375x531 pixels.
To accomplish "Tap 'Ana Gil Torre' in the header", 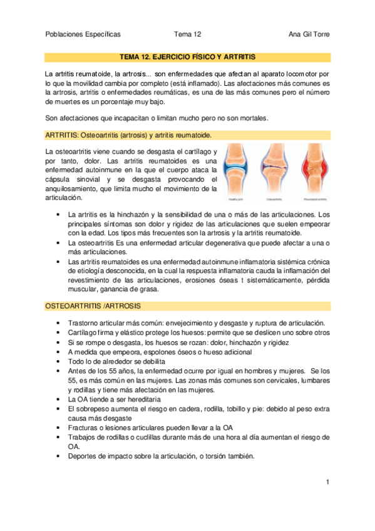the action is click(309, 34).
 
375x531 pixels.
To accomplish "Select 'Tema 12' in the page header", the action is click(187, 34).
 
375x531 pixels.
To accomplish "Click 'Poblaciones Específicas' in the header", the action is click(83, 34).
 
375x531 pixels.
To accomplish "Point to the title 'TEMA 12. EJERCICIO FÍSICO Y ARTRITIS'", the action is click(187, 56).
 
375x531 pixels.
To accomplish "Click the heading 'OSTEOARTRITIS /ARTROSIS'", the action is click(92, 306).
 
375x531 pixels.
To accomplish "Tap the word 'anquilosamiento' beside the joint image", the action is click(72, 188).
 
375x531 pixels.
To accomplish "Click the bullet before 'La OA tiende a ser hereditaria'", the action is click(58, 399).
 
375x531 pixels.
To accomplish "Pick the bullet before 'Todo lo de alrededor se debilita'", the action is click(58, 361).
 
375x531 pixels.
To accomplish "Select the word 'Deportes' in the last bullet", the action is click(81, 456).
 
